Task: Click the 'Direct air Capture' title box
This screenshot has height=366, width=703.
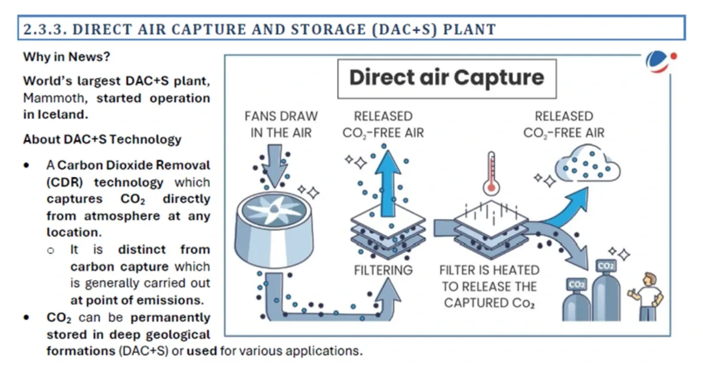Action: (x=447, y=78)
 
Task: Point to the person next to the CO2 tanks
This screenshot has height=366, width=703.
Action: (x=649, y=296)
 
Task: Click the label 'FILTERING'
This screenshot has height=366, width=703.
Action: (x=383, y=270)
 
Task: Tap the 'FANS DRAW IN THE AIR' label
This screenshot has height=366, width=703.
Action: (x=281, y=124)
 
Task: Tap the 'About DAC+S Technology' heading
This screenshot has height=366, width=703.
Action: (x=102, y=139)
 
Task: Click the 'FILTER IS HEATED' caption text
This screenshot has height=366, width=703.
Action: (x=489, y=270)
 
